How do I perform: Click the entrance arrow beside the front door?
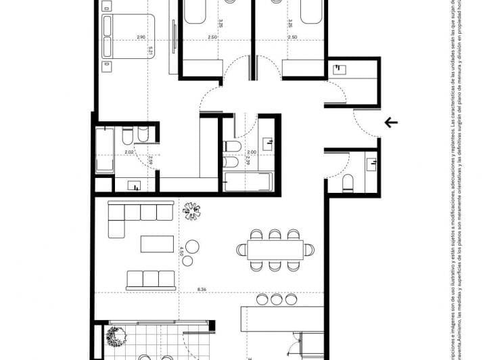pos(391,122)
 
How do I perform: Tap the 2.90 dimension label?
pos(141,37)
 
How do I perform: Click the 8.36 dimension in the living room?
pos(202,289)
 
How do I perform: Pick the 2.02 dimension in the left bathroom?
pos(129,152)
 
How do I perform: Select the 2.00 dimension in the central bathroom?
pos(252,152)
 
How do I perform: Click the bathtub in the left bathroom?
pos(105,150)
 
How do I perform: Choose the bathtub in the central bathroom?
pos(247,182)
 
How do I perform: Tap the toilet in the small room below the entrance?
pos(347,183)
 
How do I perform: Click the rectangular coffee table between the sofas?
pos(157,244)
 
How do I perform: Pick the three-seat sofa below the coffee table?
pos(151,278)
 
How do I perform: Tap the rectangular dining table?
pos(275,250)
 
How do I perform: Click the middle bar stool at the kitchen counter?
pos(277,299)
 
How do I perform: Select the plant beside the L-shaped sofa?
pos(192,211)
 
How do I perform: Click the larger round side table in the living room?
pos(192,246)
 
